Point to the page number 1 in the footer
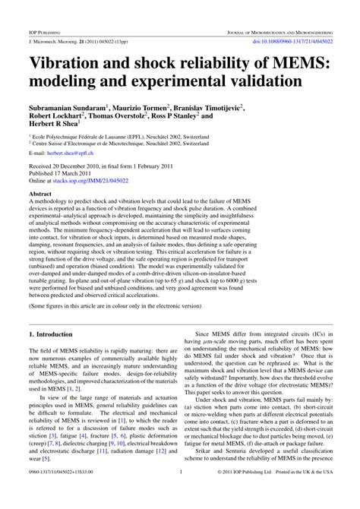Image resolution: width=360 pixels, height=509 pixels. point(180,492)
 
